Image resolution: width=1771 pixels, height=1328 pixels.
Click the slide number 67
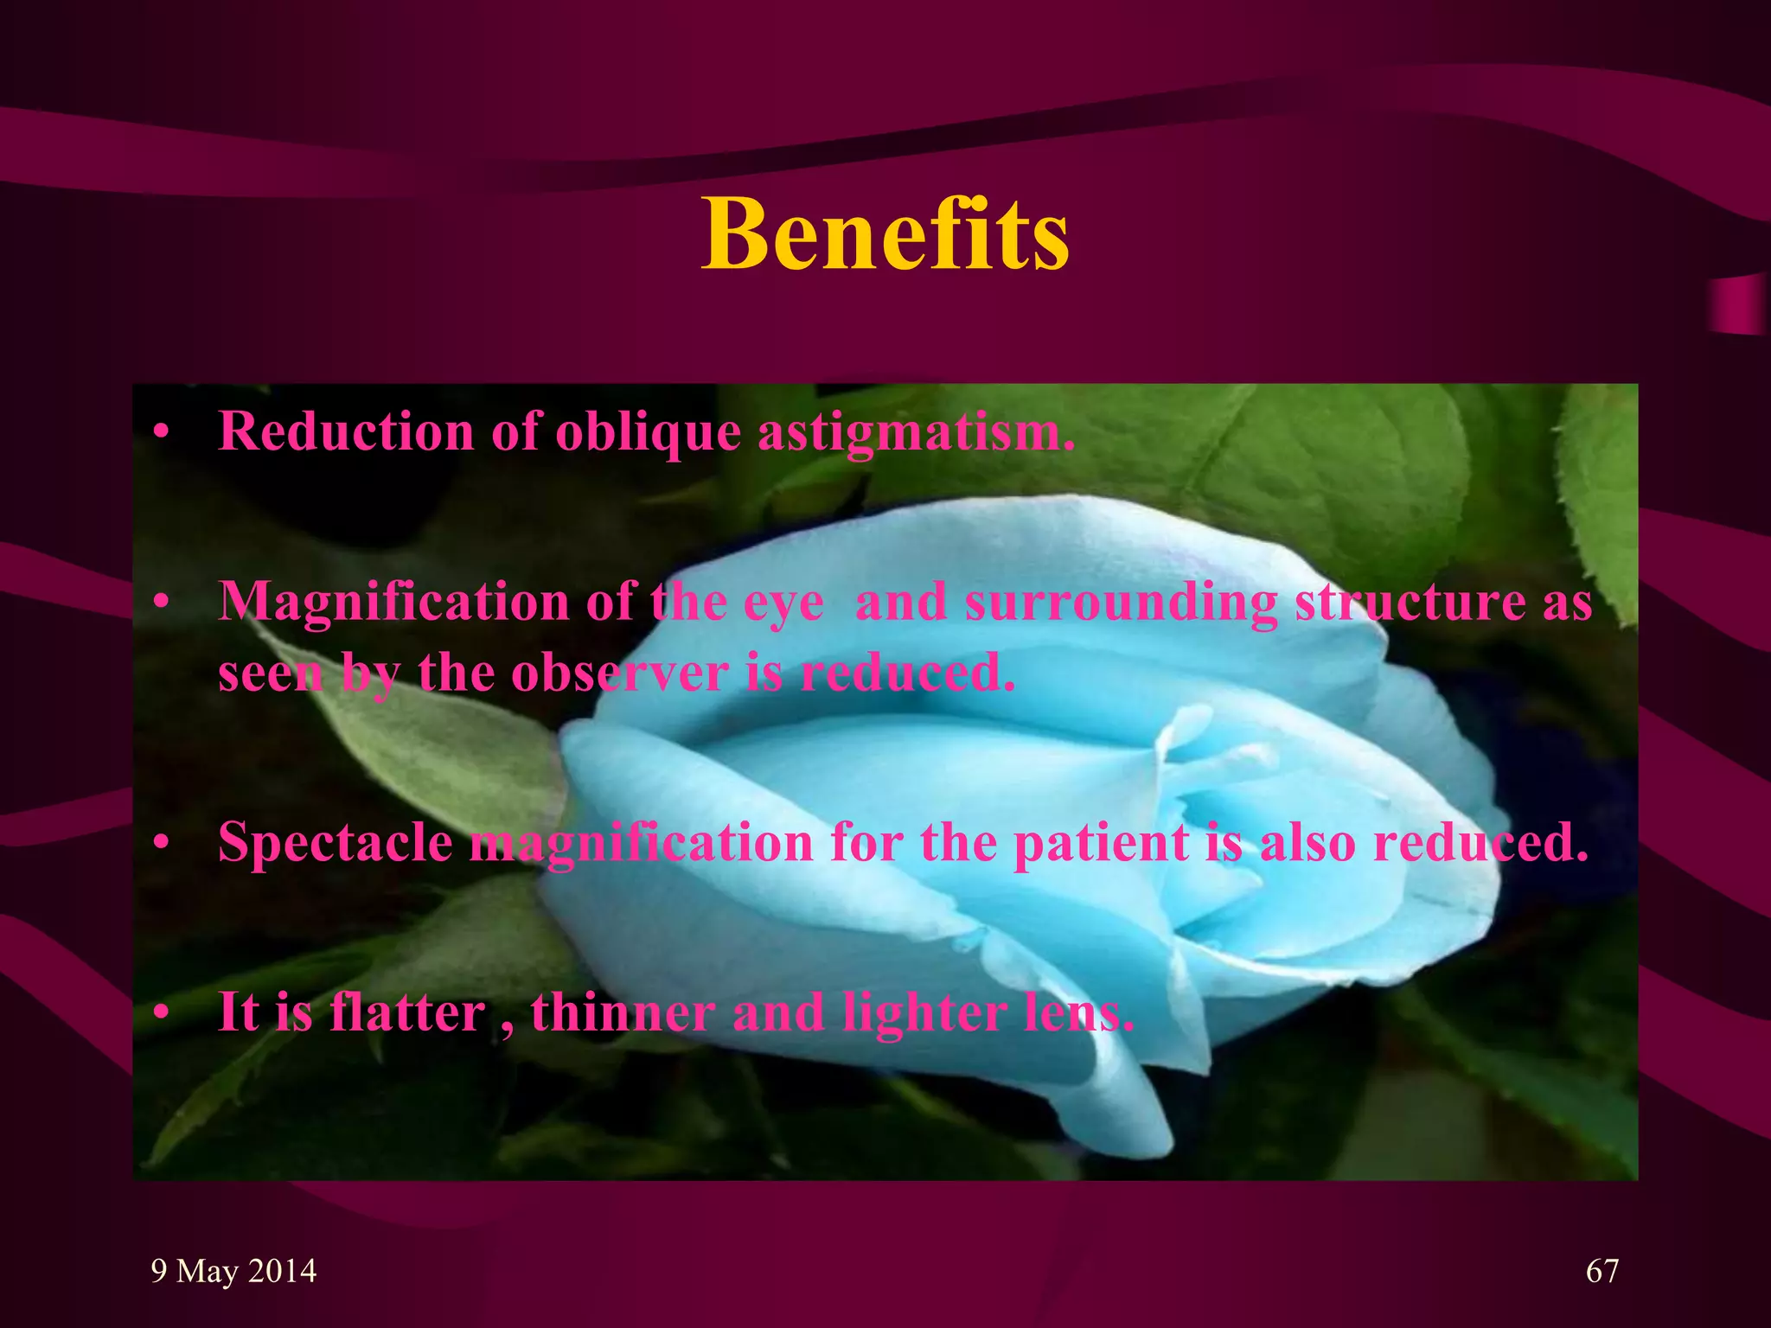click(x=1602, y=1271)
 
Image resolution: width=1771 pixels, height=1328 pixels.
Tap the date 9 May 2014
click(x=233, y=1271)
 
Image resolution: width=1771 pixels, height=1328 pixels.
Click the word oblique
click(x=648, y=431)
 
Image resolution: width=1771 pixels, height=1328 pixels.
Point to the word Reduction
click(x=346, y=431)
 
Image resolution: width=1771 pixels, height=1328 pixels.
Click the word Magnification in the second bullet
click(x=393, y=602)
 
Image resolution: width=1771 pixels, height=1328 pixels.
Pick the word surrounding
click(x=1121, y=602)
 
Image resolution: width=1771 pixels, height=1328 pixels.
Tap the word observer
click(x=619, y=673)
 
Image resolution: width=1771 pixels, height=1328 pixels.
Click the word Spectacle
click(x=336, y=842)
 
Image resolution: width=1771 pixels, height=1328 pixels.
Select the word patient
click(x=1100, y=842)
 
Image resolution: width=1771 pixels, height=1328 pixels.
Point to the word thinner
click(x=623, y=1012)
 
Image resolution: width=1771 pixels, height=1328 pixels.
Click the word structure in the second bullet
click(x=1410, y=602)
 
